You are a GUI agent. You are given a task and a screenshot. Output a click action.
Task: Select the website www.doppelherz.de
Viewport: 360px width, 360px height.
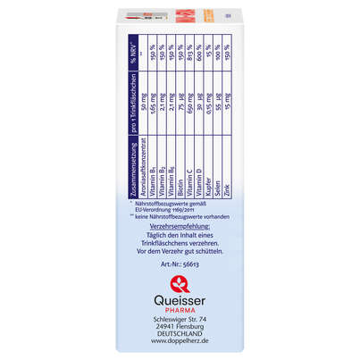[180, 353]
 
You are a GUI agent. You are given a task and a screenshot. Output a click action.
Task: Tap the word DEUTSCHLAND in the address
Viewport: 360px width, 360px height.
[180, 343]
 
